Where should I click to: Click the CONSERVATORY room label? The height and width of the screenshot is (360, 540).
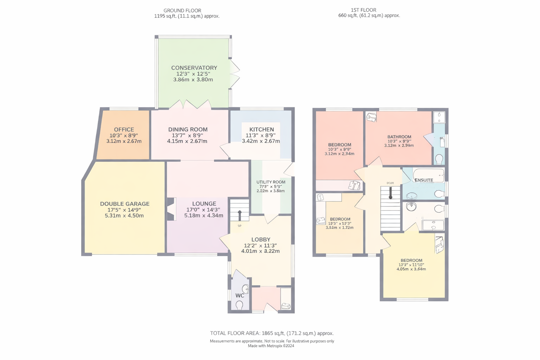click(194, 68)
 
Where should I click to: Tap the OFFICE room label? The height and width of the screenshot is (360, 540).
click(124, 129)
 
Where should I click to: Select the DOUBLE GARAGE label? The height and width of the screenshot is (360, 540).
click(125, 204)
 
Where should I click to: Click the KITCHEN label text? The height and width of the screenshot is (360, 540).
click(262, 129)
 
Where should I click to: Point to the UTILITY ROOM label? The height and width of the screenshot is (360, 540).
click(271, 182)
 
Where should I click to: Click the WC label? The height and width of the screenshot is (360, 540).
click(240, 296)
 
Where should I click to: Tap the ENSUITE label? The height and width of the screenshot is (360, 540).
click(424, 180)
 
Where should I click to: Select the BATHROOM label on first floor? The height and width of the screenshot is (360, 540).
click(399, 137)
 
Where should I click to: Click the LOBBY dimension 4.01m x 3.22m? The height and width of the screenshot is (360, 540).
click(260, 251)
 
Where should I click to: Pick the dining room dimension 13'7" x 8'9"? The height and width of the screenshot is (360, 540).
click(188, 135)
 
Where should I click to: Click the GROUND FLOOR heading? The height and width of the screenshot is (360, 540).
click(182, 11)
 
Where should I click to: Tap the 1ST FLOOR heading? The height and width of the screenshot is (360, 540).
click(363, 10)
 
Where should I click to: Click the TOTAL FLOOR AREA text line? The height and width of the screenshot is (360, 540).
click(272, 333)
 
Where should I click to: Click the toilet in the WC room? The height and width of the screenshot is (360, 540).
click(240, 305)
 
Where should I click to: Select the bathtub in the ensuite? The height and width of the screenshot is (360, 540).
click(429, 175)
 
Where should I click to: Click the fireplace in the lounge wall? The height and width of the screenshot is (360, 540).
click(171, 209)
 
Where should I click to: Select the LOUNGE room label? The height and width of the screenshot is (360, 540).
click(204, 204)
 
